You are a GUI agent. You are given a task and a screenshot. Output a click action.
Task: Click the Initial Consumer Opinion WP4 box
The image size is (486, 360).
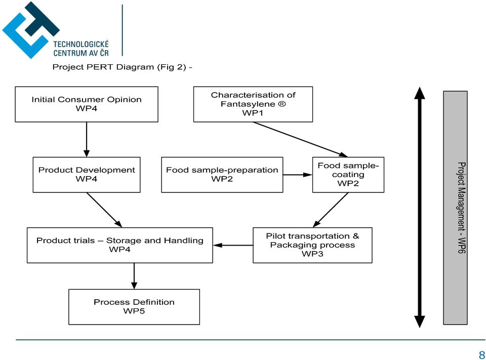tap(87, 104)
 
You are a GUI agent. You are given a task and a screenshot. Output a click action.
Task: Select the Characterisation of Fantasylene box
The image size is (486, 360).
tap(253, 104)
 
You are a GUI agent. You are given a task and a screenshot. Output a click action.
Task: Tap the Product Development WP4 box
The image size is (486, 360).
tap(87, 175)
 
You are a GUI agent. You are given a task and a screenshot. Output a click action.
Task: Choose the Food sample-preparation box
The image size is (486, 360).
tap(222, 175)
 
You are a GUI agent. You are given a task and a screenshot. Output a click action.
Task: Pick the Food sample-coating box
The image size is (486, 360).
tap(348, 175)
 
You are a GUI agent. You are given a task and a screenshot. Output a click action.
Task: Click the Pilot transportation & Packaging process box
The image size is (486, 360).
tap(312, 245)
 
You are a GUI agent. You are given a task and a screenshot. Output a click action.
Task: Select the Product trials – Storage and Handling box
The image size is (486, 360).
tap(119, 245)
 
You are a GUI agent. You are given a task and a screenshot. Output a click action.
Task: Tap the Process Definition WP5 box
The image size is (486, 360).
tap(134, 307)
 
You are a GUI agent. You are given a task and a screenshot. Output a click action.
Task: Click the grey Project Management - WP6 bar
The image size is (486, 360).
tap(455, 208)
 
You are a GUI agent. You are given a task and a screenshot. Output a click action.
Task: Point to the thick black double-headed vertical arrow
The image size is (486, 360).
tap(420, 207)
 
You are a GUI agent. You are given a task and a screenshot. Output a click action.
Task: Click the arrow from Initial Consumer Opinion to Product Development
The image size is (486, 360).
tap(87, 140)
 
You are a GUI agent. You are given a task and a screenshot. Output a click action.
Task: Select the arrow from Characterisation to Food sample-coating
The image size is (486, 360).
tap(300, 139)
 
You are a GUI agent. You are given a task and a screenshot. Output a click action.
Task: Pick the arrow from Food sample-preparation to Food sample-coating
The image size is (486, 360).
tap(298, 175)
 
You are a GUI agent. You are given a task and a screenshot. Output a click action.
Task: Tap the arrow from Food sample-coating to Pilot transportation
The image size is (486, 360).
tap(331, 210)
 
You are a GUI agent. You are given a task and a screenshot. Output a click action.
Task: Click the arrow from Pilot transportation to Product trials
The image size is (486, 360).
tap(233, 245)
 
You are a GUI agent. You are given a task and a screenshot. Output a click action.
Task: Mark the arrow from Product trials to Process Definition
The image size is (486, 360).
tap(134, 276)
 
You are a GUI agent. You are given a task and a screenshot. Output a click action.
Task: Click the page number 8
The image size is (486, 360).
tap(481, 355)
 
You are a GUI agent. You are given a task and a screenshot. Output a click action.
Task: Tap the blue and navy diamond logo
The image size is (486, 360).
tap(31, 30)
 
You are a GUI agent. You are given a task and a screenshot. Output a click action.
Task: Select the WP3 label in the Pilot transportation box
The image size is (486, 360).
tap(312, 254)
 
